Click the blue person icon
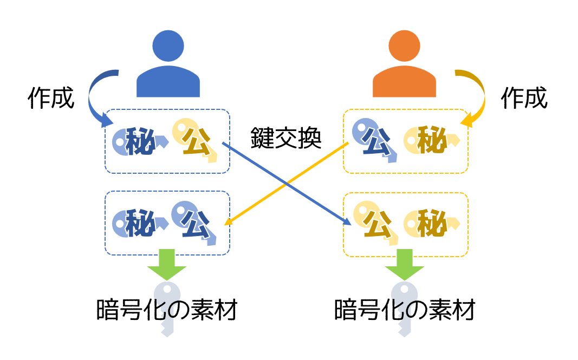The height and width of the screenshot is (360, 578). [x=168, y=68]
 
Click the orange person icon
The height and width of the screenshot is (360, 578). [x=404, y=68]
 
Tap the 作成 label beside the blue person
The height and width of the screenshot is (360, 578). [x=51, y=99]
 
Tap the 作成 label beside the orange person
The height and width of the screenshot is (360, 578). [x=524, y=98]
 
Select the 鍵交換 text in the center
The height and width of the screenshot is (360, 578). [x=286, y=138]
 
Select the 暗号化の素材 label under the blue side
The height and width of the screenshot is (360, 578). [x=167, y=311]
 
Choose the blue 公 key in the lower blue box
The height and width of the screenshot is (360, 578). [x=193, y=221]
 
